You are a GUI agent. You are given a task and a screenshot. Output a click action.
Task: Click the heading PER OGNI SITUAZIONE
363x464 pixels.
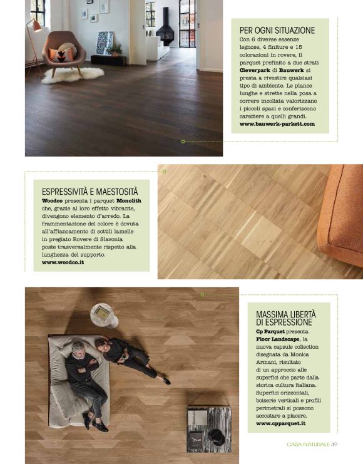point(277,29)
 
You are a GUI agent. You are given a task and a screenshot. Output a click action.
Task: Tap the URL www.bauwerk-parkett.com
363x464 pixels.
point(277,124)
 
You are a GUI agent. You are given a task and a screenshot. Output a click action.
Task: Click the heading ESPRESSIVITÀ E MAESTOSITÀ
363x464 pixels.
point(89,190)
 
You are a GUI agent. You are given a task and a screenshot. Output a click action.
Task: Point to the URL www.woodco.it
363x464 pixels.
point(63,262)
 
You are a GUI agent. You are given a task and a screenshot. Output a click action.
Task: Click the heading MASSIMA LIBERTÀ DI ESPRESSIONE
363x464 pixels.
point(285,317)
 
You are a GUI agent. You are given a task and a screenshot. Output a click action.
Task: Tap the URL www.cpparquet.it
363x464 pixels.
point(281,423)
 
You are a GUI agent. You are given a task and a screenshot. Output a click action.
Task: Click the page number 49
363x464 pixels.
point(334,444)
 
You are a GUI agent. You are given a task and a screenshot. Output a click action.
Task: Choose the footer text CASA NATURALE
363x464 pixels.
point(308,444)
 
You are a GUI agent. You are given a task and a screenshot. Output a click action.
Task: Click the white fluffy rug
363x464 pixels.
point(73,75)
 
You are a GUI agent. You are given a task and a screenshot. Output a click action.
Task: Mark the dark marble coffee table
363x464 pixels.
point(208,428)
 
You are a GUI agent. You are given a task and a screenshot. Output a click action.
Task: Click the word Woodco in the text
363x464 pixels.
point(53,200)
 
